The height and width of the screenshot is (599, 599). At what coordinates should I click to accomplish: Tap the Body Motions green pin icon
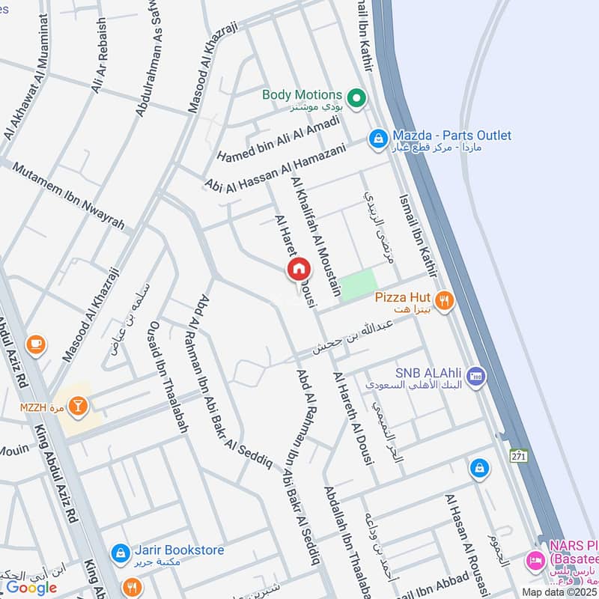point(357,97)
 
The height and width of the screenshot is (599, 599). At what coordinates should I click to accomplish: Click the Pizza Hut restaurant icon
point(445,301)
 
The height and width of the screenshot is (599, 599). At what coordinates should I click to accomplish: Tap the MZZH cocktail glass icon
point(77,407)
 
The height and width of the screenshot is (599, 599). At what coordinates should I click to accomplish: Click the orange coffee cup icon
point(35,344)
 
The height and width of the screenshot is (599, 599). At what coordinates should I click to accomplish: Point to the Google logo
point(31,587)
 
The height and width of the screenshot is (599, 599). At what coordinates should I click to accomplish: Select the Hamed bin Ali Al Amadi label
point(279,136)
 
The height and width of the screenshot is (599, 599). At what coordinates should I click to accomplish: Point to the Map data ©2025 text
point(559,592)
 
